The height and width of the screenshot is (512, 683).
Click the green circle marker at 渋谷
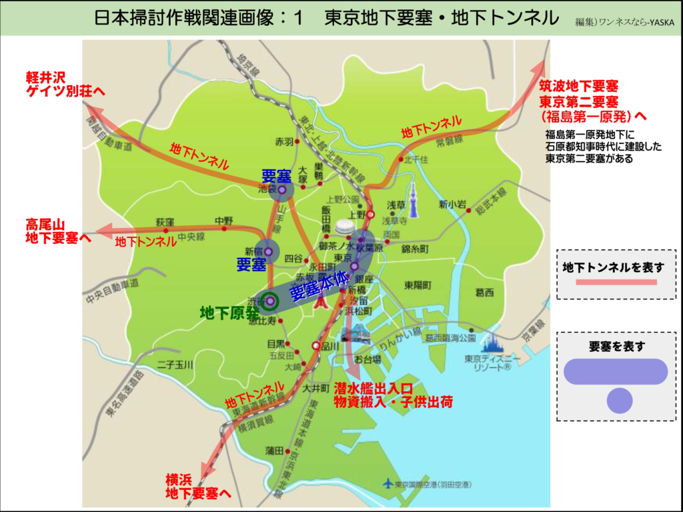(x=269, y=301)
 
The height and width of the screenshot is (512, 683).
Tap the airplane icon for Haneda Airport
(x=388, y=483)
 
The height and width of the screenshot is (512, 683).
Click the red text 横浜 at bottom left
(x=179, y=480)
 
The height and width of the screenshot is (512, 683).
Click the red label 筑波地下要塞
(x=579, y=87)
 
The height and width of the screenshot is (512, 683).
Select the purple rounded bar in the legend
(x=616, y=372)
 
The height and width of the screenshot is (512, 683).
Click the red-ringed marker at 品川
(x=316, y=346)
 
